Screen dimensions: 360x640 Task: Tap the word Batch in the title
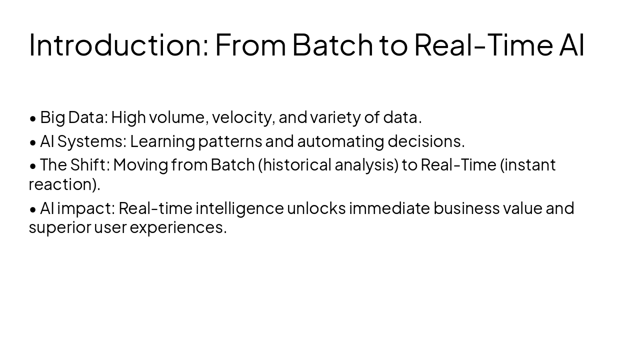332,44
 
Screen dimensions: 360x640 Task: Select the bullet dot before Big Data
33,118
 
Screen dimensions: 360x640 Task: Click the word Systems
92,141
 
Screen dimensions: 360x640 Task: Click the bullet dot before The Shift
33,165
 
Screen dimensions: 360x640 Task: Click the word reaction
62,184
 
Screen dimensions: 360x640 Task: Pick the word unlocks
316,207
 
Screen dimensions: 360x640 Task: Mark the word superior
60,227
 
